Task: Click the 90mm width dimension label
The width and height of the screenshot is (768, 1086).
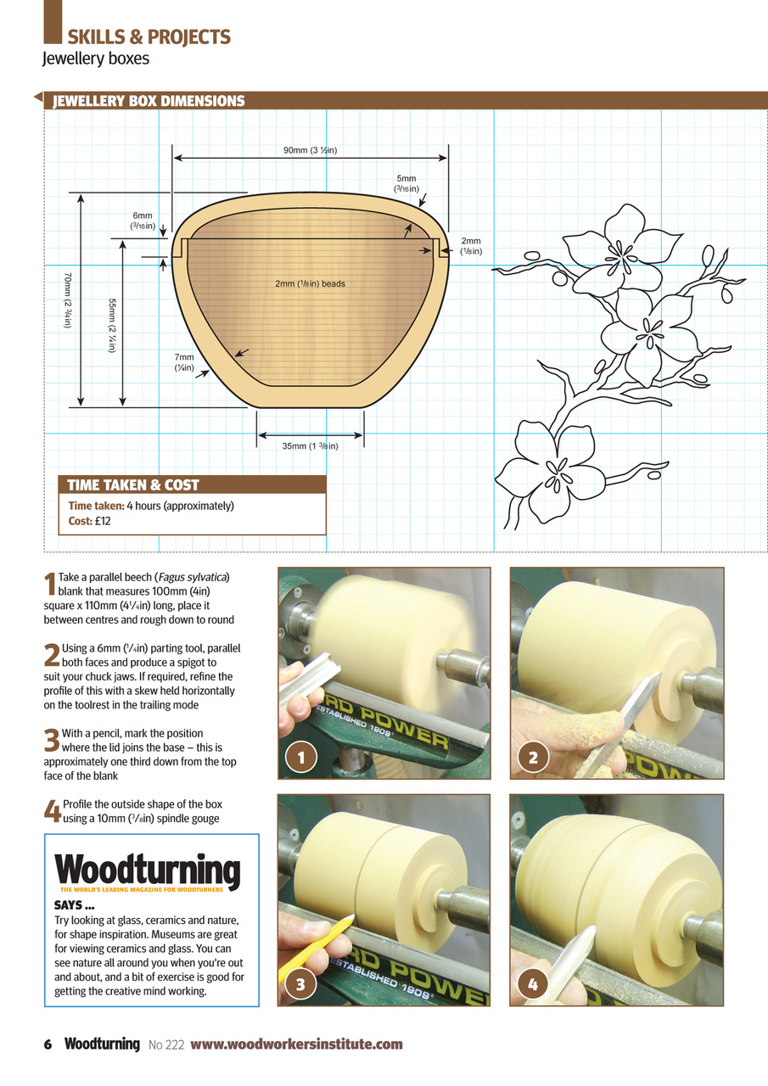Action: [x=311, y=151]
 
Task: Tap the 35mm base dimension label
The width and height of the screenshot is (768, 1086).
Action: [x=311, y=446]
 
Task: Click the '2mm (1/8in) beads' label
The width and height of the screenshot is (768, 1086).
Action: [x=310, y=283]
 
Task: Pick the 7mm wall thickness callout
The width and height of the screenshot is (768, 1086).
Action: [x=185, y=363]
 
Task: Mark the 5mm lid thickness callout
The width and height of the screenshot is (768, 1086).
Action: [x=406, y=184]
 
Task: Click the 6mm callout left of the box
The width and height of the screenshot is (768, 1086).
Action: [x=142, y=221]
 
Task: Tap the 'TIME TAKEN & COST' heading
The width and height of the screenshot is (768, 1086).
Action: [x=133, y=485]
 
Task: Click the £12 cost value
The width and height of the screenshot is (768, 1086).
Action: [x=103, y=521]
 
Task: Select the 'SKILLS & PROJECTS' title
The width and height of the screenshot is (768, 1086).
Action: [x=149, y=36]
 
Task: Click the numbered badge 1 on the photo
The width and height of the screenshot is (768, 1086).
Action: [x=299, y=758]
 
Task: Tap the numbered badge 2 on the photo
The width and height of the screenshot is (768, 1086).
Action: [x=532, y=758]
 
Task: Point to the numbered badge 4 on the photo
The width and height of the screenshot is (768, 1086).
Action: [x=532, y=985]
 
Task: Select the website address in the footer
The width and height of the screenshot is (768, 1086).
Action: [x=296, y=1044]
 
